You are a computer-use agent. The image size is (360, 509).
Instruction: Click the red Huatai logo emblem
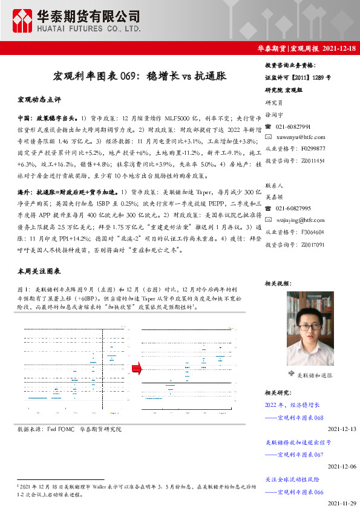point(23,21)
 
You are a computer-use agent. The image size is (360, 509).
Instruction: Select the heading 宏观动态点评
point(39,99)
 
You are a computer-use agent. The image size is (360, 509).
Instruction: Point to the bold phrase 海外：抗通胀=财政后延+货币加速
point(65,191)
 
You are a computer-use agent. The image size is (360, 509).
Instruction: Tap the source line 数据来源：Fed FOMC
point(46,429)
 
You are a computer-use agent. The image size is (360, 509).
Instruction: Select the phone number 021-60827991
point(293,127)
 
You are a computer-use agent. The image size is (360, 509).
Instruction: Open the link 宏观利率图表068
point(300,417)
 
